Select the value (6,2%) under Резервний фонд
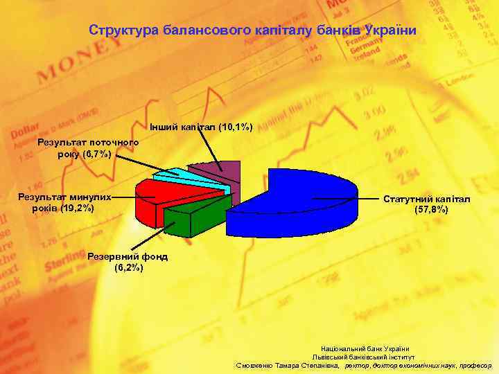point(128,267)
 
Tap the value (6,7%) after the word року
point(96,153)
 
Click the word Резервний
point(113,256)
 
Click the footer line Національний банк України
point(365,348)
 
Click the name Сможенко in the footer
point(256,365)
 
